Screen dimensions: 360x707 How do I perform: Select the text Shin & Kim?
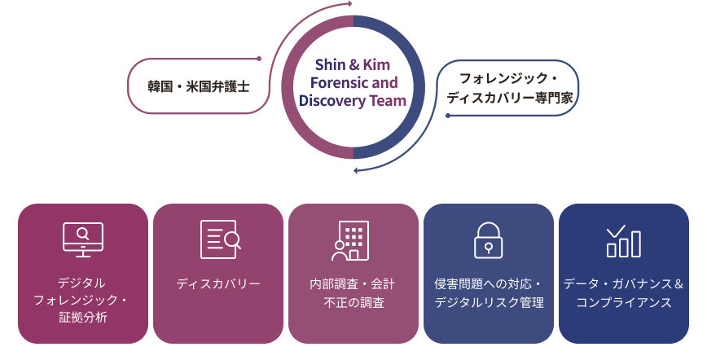(x=352, y=64)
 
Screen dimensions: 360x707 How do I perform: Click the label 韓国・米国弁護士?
(x=199, y=86)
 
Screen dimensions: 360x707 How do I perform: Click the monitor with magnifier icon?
(x=83, y=239)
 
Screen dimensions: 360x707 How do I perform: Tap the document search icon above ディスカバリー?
(x=219, y=239)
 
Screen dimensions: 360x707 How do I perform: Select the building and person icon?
(x=351, y=239)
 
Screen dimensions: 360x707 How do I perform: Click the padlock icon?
(x=489, y=239)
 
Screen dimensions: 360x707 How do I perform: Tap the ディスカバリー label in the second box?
(x=218, y=284)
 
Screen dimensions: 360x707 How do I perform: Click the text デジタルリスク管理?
(x=489, y=303)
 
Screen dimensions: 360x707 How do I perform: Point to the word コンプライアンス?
(x=624, y=303)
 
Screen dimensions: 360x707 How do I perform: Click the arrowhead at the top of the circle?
(x=349, y=4)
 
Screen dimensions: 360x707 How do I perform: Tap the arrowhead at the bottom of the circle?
(x=356, y=169)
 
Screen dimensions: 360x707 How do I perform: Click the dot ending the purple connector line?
(x=259, y=59)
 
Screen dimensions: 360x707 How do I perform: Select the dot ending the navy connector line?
(x=447, y=116)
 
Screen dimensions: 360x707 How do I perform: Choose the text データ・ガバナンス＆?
(x=624, y=284)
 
